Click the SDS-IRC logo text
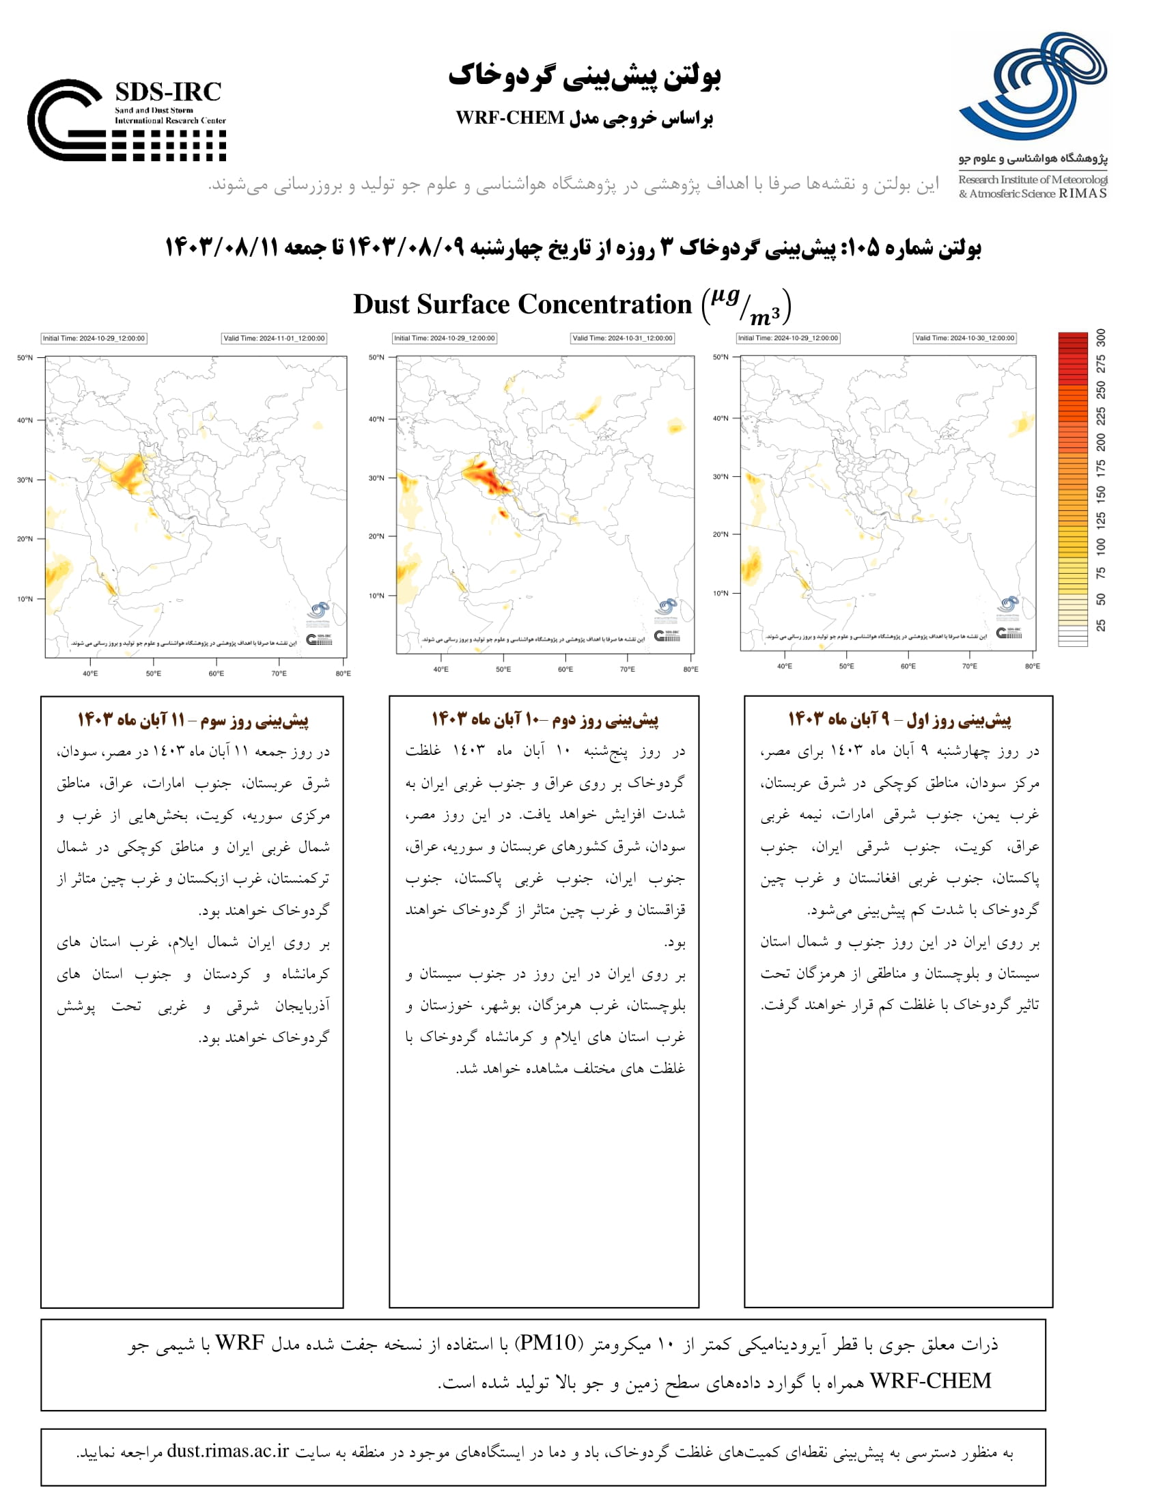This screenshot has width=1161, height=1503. [168, 92]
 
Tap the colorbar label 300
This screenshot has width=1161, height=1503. [1101, 337]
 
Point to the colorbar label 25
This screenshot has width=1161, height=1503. [1101, 625]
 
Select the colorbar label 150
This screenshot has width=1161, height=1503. [1101, 493]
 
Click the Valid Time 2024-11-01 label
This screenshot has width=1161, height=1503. [274, 339]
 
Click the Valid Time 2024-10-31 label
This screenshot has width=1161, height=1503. [622, 338]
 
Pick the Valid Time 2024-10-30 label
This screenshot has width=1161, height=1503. [964, 338]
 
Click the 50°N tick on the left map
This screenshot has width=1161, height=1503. [25, 358]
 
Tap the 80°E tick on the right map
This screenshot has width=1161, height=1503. [1032, 666]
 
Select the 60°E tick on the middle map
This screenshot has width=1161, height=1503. [565, 669]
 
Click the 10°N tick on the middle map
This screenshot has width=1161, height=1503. [376, 596]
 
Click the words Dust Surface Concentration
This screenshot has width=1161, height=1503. [522, 305]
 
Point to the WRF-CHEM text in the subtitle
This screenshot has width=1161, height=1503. [509, 118]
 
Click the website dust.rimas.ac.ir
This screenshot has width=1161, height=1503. [227, 1451]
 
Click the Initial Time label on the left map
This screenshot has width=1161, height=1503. [94, 339]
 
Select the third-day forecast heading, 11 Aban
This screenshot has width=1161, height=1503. [193, 721]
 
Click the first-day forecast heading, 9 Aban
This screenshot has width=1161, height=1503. [899, 720]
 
